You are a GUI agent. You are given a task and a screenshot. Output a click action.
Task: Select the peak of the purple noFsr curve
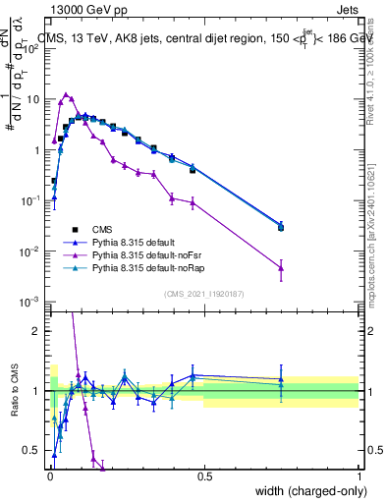tap(66, 95)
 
